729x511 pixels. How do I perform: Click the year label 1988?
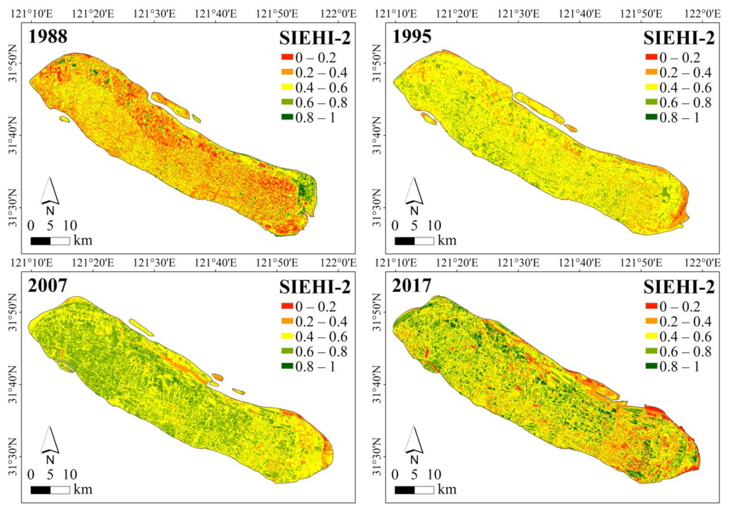coord(48,36)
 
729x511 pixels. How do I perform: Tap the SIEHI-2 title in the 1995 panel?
coord(679,38)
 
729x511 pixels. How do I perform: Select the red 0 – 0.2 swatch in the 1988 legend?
coord(287,57)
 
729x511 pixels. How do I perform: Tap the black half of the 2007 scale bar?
coord(41,490)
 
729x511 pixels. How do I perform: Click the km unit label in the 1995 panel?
coord(447,240)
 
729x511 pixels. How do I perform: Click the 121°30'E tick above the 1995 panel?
coord(518,14)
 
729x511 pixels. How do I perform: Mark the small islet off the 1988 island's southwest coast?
coord(65,119)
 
